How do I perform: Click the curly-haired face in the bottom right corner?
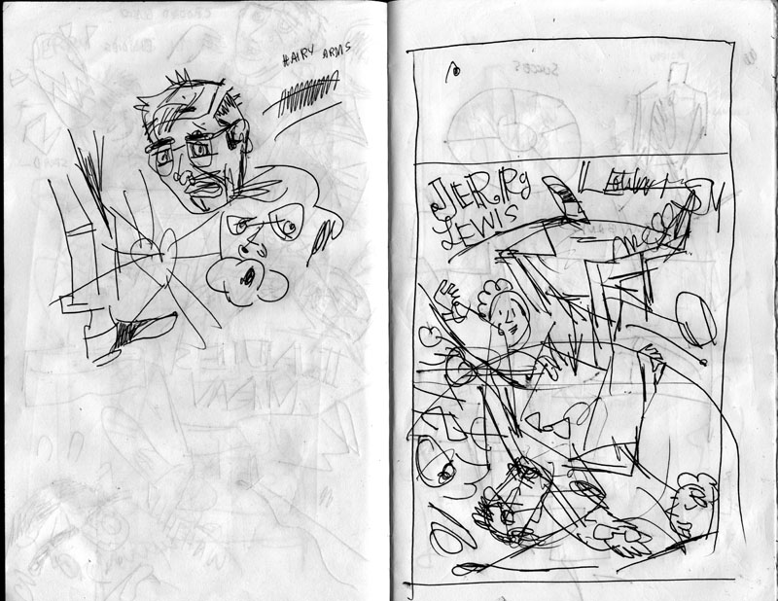(x=692, y=496)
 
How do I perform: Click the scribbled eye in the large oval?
(x=442, y=472)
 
